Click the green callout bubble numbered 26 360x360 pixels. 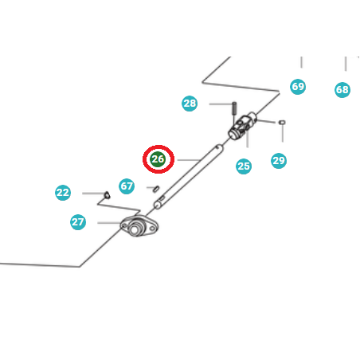tap(158, 159)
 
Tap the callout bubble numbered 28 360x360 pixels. tap(190, 104)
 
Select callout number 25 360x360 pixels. tap(244, 166)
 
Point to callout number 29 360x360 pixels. tap(279, 160)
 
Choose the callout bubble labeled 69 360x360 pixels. tap(298, 87)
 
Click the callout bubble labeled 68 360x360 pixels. tap(342, 90)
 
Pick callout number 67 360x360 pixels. tap(127, 186)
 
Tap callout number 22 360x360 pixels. tap(63, 193)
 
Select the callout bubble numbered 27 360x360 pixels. tap(78, 222)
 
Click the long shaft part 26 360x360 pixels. tap(189, 177)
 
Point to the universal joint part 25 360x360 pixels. tap(243, 126)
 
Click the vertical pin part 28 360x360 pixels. tap(234, 108)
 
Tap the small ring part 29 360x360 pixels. tap(282, 122)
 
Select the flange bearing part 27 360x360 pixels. tap(139, 226)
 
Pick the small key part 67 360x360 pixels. tap(157, 189)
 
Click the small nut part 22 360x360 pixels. tap(107, 195)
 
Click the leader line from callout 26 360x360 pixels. tap(189, 160)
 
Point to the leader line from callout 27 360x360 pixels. tap(109, 223)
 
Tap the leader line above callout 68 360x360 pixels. tap(346, 64)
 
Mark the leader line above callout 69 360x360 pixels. tap(301, 62)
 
